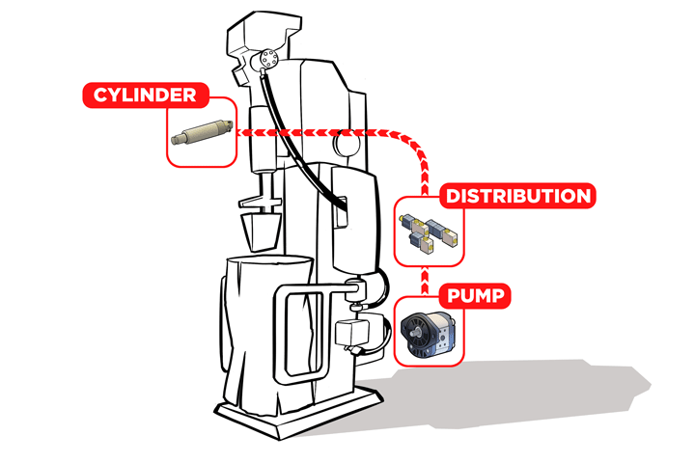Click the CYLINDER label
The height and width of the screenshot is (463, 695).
click(146, 95)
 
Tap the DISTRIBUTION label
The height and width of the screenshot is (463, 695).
click(517, 196)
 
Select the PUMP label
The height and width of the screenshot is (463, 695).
click(475, 295)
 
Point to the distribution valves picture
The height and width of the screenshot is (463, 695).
click(429, 232)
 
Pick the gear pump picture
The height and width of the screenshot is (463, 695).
click(427, 334)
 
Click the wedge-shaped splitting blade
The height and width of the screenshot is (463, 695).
click(262, 231)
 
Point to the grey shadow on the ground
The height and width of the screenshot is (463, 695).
click(510, 395)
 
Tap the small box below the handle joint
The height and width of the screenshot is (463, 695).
click(352, 333)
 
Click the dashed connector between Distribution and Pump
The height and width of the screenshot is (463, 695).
click(425, 281)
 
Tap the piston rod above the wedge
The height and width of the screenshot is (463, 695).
click(267, 187)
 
